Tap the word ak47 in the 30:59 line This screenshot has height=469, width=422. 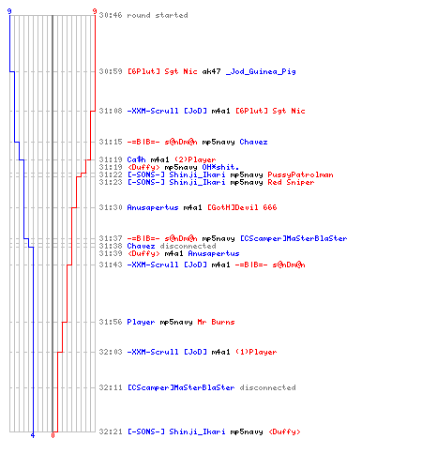pos(211,71)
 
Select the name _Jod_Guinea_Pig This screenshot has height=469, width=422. pos(261,72)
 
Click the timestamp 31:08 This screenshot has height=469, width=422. pos(111,111)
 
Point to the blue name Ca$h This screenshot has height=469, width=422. pos(136,159)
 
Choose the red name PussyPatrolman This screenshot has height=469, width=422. pos(300,174)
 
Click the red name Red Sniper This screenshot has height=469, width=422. pos(291,182)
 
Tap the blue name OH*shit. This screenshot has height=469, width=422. pos(220,167)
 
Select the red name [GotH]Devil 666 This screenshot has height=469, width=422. pos(242,207)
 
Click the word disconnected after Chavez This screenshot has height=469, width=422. pos(188,246)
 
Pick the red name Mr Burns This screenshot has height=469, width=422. pos(216,322)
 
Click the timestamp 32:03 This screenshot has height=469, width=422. pos(111,352)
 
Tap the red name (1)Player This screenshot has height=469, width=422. pos(256,352)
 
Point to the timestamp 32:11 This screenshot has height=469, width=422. pos(111,387)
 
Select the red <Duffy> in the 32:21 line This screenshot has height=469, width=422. pos(284,431)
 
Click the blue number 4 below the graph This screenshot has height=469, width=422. pos(33,435)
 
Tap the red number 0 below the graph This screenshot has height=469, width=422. pos(53,435)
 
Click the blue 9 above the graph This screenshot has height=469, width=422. pos(9,11)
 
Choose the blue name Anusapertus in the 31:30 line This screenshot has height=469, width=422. pos(153,207)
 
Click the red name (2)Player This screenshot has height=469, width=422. pos(195,159)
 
